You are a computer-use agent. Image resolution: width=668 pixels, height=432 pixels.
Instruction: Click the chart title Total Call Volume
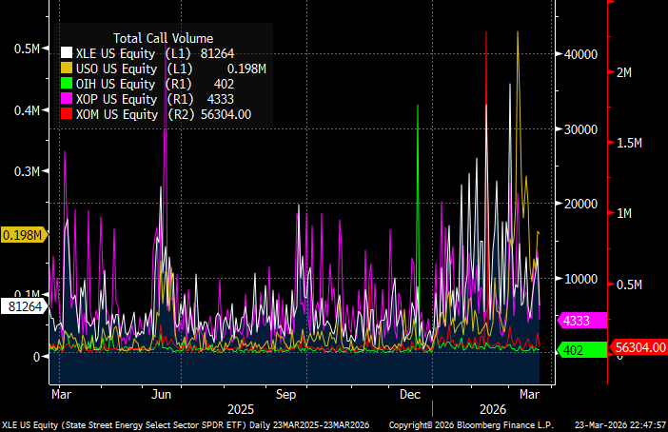(163, 38)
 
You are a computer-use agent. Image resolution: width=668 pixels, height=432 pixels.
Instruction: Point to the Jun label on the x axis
(161, 393)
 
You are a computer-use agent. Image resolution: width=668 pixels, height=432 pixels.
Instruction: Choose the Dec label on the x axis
(411, 393)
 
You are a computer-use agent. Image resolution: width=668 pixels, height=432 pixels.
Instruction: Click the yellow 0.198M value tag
(24, 235)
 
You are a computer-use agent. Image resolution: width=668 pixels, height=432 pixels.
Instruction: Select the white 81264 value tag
(24, 306)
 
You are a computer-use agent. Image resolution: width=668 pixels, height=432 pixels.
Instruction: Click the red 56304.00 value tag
(639, 347)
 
